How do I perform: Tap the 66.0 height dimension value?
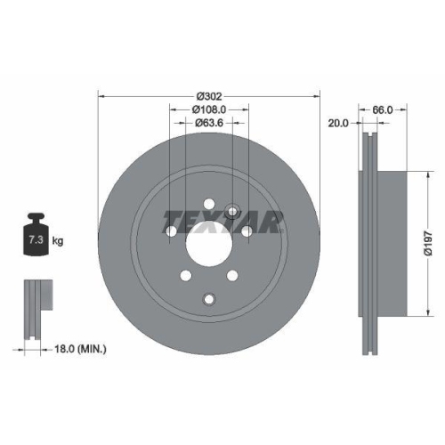pyautogui.click(x=382, y=109)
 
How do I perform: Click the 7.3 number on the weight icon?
pyautogui.click(x=36, y=241)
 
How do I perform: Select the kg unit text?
pyautogui.click(x=58, y=241)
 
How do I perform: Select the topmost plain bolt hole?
pyautogui.click(x=208, y=203)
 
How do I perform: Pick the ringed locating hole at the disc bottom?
pyautogui.click(x=208, y=297)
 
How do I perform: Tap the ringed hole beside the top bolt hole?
pyautogui.click(x=231, y=212)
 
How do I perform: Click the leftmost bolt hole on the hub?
pyautogui.click(x=172, y=231)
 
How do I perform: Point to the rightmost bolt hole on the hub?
pyautogui.click(x=245, y=231)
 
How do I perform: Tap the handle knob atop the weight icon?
pyautogui.click(x=36, y=216)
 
